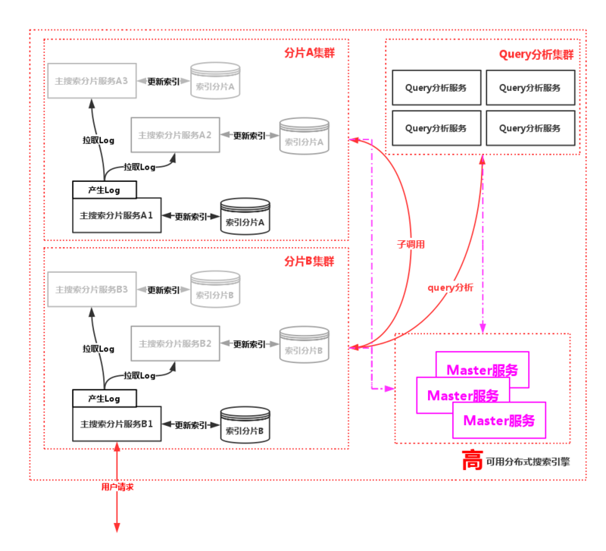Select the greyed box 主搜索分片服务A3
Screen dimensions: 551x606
pyautogui.click(x=91, y=80)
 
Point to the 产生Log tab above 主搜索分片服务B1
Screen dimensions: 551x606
pyautogui.click(x=105, y=398)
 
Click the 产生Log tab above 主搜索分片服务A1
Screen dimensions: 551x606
pyautogui.click(x=105, y=189)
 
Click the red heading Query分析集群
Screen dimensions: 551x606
pyautogui.click(x=536, y=55)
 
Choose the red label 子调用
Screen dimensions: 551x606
pyautogui.click(x=411, y=245)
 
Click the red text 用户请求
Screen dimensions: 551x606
pyautogui.click(x=117, y=487)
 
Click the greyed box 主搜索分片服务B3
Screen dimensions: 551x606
pyautogui.click(x=91, y=290)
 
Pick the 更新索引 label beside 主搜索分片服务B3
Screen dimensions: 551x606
pyautogui.click(x=163, y=290)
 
